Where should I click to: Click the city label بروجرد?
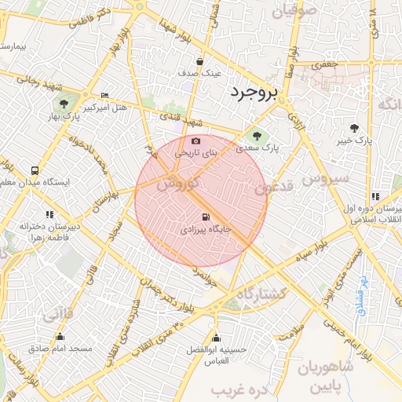pos(254,93)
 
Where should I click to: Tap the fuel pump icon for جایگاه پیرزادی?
pos(206,217)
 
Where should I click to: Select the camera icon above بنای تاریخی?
pos(196,141)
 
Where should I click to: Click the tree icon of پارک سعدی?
pos(257,136)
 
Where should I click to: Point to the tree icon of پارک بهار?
pos(63,104)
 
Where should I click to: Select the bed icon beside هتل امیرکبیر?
pos(105,95)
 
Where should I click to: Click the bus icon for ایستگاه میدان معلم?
pos(34,170)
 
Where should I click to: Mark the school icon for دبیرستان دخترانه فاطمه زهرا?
pos(49,214)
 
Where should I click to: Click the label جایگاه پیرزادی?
pos(206,231)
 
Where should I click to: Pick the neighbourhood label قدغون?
pos(275,187)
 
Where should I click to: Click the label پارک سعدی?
pos(259,148)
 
